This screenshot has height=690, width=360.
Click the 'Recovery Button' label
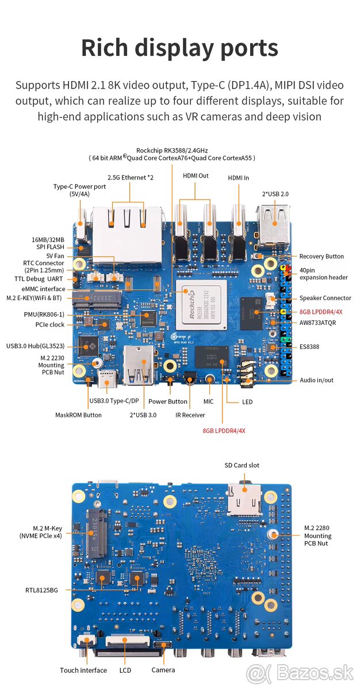(x=321, y=256)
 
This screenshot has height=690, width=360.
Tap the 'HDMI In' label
(x=238, y=178)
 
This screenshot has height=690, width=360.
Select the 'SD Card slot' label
(x=242, y=465)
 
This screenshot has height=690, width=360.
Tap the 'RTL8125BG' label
(x=41, y=589)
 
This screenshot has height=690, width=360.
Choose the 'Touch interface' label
(x=83, y=670)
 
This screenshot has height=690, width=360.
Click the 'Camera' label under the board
(x=163, y=670)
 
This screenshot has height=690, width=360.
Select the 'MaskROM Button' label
(x=78, y=415)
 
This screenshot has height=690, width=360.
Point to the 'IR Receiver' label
(x=190, y=415)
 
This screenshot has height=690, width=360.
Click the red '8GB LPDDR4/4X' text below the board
(x=224, y=430)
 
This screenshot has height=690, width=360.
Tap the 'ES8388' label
(x=309, y=347)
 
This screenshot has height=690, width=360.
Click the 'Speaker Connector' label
(x=325, y=298)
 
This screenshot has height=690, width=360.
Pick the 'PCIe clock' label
(x=49, y=325)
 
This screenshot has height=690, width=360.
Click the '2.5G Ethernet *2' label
(x=131, y=177)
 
